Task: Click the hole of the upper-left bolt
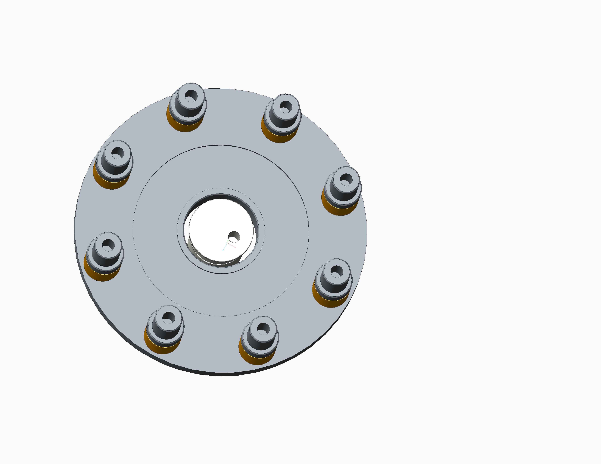click(117, 153)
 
